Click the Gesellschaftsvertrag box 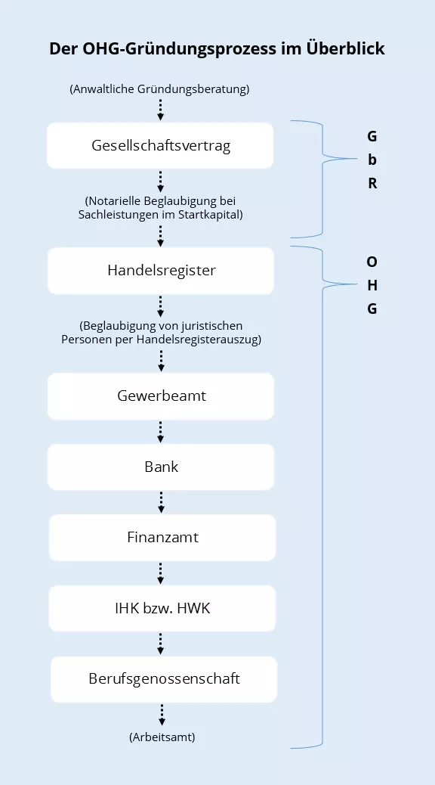pos(161,145)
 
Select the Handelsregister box pos(161,270)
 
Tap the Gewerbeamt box pos(161,396)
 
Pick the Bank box pos(161,467)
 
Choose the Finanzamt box pos(161,538)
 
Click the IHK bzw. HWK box pos(161,608)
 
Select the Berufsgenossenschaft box pos(164,678)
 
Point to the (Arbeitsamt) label pos(162,737)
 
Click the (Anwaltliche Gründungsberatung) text pos(159,88)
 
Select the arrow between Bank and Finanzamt pos(161,501)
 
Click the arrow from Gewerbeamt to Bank pos(161,431)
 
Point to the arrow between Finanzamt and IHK pos(161,572)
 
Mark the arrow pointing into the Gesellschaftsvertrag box pos(161,110)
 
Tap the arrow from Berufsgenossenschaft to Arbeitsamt pos(162,714)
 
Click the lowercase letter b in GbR pos(372,160)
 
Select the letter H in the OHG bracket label pos(372,285)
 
